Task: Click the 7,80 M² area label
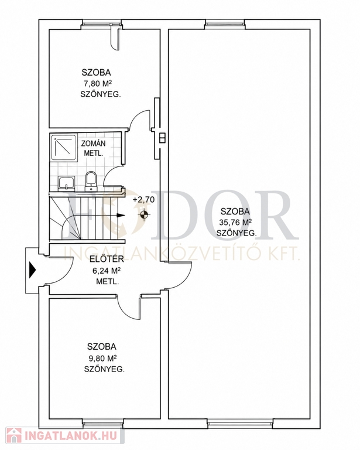[x=97, y=84]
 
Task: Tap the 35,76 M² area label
[x=235, y=222]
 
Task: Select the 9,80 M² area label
[x=102, y=358]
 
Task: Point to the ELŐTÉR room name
[x=107, y=259]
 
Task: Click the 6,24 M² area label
[x=107, y=271]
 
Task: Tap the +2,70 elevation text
[x=143, y=199]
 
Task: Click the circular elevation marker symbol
[x=144, y=214]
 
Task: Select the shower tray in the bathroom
[x=64, y=147]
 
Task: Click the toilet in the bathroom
[x=91, y=181]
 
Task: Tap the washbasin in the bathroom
[x=67, y=183]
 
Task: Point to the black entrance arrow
[x=33, y=270]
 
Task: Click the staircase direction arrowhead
[x=122, y=214]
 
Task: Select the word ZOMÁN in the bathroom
[x=94, y=143]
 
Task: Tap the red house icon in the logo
[x=14, y=435]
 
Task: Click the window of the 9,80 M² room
[x=102, y=422]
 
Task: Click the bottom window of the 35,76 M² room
[x=240, y=422]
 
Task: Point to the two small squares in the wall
[x=162, y=138]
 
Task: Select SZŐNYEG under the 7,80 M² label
[x=101, y=95]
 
